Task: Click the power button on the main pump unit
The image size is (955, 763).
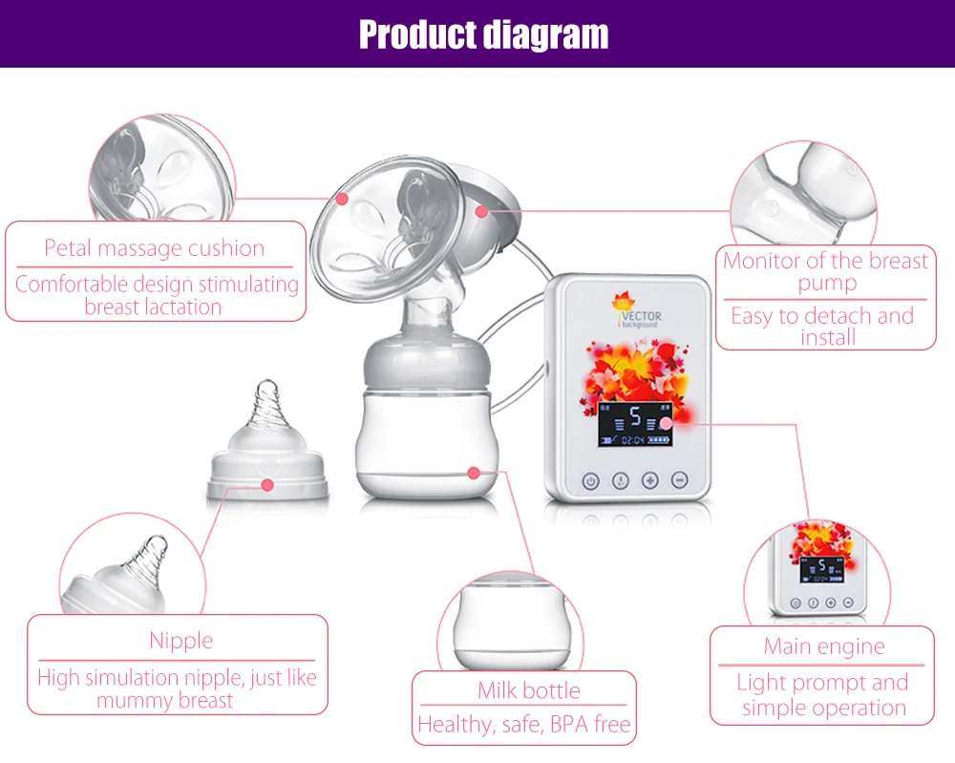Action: point(590,481)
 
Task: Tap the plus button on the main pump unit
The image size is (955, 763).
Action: point(650,481)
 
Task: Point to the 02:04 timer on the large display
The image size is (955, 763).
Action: point(633,441)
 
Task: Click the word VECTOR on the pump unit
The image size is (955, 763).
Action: point(643,316)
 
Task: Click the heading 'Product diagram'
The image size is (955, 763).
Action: point(483,34)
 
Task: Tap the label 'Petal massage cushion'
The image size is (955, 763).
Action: point(154,248)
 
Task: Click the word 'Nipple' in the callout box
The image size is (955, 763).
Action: point(180,641)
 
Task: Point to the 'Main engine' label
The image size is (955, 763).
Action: point(824,646)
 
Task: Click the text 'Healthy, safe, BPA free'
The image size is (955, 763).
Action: point(524,725)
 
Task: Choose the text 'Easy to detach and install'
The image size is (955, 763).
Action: point(822,327)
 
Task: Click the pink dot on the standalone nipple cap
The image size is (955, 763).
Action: point(267,485)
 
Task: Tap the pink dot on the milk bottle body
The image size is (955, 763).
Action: point(473,471)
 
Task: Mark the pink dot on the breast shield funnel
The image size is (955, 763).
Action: point(342,199)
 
